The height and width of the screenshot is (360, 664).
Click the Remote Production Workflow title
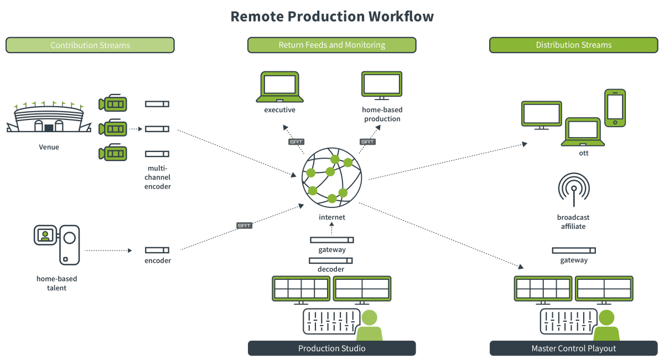point(332,16)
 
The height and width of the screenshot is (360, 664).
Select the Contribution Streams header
point(90,45)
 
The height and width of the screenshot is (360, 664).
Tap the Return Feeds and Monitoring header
point(331,45)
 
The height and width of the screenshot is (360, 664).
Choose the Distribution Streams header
point(573,45)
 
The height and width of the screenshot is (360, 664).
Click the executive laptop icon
point(279,87)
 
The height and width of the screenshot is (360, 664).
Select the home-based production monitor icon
point(382,85)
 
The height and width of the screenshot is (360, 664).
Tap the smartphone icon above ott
point(615,108)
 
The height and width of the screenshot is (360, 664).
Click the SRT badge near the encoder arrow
point(245,226)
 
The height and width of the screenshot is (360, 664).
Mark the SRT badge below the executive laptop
point(297,142)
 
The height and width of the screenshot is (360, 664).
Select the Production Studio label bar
point(331,348)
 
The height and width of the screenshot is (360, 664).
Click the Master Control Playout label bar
point(573,348)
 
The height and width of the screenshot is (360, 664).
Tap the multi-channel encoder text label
point(158,178)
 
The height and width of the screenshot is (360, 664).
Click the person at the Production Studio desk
point(369,326)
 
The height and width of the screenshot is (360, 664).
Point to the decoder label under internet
point(331,269)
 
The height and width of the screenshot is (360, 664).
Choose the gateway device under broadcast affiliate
point(573,251)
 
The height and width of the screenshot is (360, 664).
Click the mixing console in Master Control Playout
point(568,321)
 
